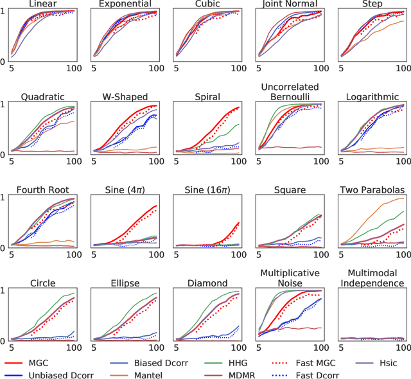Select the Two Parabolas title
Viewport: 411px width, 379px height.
pyautogui.click(x=372, y=190)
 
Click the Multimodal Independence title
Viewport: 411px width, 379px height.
pyautogui.click(x=372, y=278)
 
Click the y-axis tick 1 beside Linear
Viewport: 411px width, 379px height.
pyautogui.click(x=4, y=12)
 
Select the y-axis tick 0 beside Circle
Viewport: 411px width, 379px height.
pyautogui.click(x=4, y=340)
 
